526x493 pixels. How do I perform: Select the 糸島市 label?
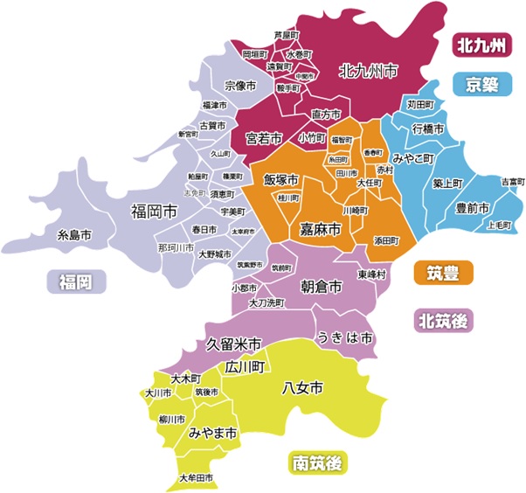click(x=74, y=235)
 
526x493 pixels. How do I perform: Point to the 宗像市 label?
click(x=240, y=86)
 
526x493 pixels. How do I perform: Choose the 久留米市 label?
click(x=234, y=344)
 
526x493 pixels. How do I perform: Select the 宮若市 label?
click(x=263, y=138)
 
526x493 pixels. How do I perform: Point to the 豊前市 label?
click(x=473, y=208)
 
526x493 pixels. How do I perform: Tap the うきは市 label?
click(x=344, y=337)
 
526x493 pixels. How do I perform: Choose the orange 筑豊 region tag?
click(x=443, y=273)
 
